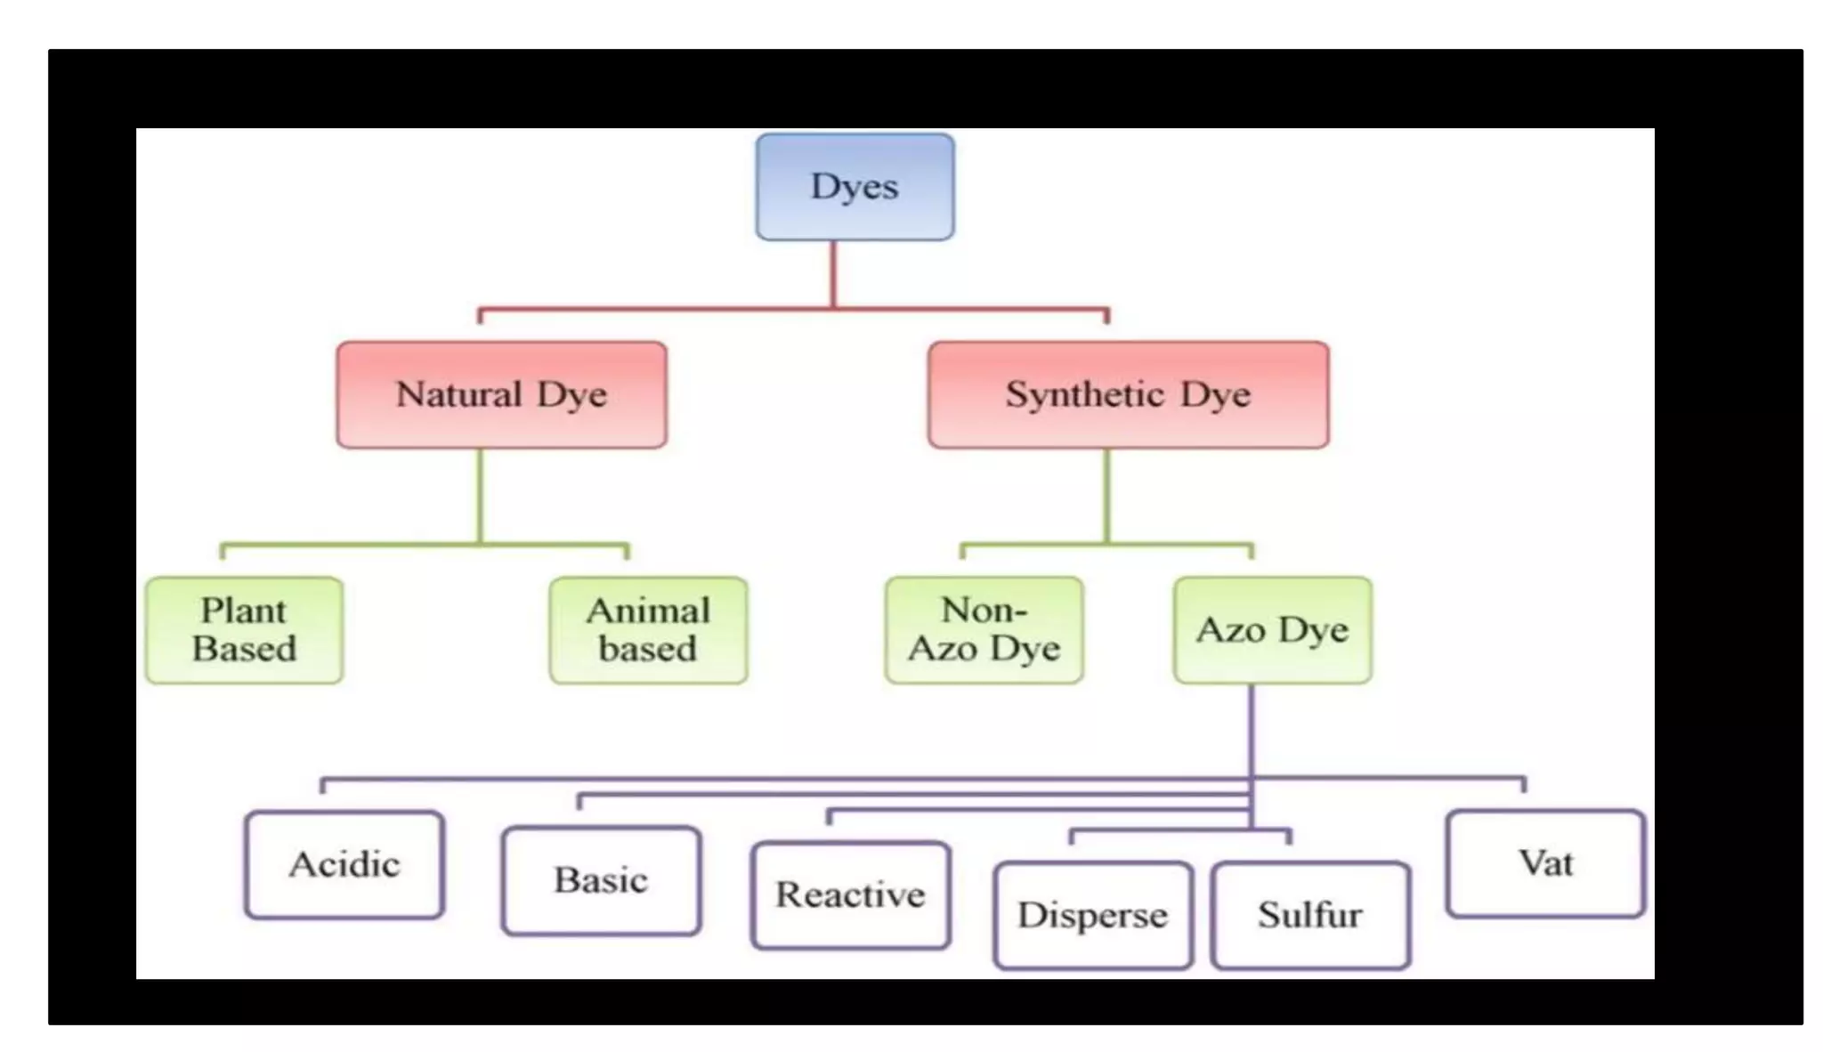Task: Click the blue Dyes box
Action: coord(855,187)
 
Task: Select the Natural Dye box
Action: coord(501,394)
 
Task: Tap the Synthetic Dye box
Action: coord(1128,394)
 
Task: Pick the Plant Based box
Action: coord(244,630)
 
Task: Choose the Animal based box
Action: coord(648,630)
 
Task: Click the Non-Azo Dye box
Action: coord(984,630)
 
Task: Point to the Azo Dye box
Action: coord(1272,630)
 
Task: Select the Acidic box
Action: coord(344,864)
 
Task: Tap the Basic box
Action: coord(601,880)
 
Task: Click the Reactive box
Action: coord(850,894)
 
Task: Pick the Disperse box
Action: coord(1092,915)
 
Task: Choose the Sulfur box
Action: coord(1309,915)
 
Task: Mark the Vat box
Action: coord(1545,863)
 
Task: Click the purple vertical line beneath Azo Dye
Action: coord(1251,730)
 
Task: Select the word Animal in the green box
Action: coord(648,611)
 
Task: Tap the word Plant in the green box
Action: coord(243,611)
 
